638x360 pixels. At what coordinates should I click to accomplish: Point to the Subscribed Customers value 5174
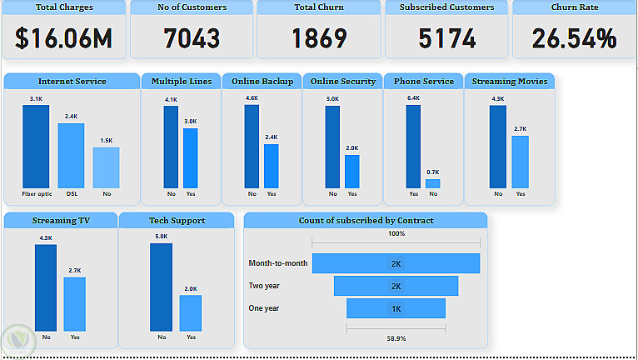(446, 38)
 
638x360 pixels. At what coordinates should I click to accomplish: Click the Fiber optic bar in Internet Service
(36, 146)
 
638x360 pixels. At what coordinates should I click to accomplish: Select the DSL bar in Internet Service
(71, 155)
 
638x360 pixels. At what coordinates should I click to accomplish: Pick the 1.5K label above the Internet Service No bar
(107, 141)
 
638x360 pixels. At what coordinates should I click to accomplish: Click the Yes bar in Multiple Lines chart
(191, 157)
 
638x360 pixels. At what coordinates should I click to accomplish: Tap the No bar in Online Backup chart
(252, 146)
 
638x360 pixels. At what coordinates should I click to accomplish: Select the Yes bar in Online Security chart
(352, 171)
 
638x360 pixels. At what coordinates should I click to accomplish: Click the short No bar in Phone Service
(432, 183)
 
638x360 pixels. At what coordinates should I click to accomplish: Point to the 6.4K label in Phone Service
(413, 98)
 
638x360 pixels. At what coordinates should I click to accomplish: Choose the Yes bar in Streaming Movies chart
(521, 162)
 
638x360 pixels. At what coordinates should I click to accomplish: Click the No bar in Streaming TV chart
(46, 287)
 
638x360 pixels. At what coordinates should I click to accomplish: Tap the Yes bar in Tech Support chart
(191, 312)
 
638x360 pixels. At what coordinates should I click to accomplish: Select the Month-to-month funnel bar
(396, 263)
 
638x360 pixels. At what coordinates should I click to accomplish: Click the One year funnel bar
(396, 308)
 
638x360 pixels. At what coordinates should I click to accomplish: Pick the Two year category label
(264, 286)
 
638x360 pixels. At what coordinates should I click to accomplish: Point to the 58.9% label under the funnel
(396, 338)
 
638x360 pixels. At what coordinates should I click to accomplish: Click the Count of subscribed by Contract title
(366, 221)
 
